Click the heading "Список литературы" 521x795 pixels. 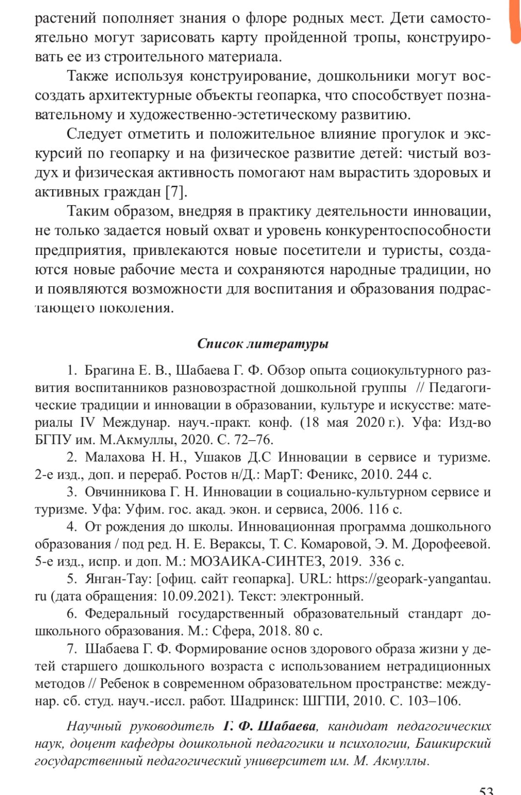(263, 344)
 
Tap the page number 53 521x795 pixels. (486, 790)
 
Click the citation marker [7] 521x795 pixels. (176, 192)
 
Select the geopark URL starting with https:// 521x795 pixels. (413, 579)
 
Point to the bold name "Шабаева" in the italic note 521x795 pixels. (286, 726)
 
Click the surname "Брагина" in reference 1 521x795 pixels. (110, 370)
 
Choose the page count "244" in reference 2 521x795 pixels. (407, 475)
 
